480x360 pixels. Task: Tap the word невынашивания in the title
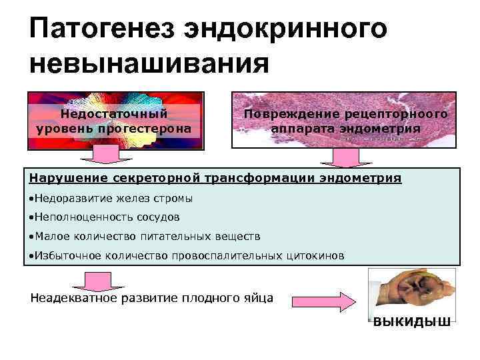[149, 65]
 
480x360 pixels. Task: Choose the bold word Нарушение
[66, 178]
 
